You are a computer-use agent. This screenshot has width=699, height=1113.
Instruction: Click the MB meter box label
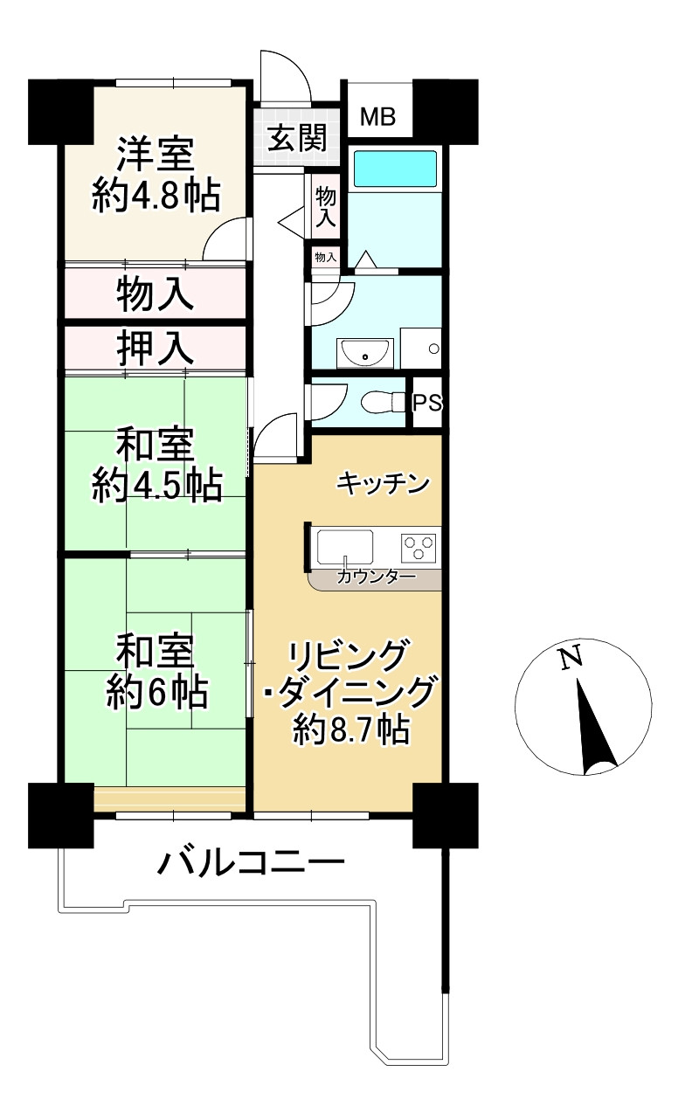click(378, 116)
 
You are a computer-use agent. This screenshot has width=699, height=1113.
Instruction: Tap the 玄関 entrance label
click(297, 138)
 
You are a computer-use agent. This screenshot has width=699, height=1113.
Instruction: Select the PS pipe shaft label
click(427, 404)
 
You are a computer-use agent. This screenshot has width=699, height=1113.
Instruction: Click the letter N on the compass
click(571, 658)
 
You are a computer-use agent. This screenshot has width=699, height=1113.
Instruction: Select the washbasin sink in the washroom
click(366, 353)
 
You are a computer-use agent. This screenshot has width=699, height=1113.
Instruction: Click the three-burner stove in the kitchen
click(419, 548)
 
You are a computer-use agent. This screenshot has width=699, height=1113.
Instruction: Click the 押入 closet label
click(155, 349)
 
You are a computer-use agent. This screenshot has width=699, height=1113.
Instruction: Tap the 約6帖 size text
click(156, 693)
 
